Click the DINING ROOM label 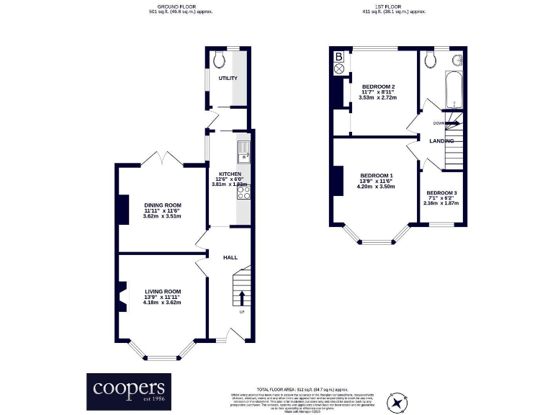(x=162, y=205)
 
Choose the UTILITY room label (x=228, y=78)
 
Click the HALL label (x=230, y=257)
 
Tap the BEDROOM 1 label (x=377, y=177)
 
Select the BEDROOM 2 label (x=378, y=86)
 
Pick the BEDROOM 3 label (x=441, y=193)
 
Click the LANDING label (x=441, y=140)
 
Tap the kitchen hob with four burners (x=243, y=192)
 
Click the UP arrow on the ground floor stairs (x=241, y=298)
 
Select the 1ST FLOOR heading (x=393, y=8)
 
